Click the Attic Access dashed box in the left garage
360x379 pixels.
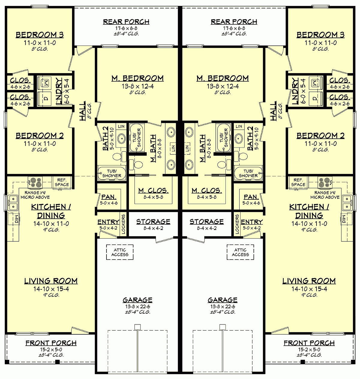[120, 252]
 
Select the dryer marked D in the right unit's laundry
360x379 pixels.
[315, 98]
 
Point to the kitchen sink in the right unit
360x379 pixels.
[346, 202]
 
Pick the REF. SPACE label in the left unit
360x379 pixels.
[62, 182]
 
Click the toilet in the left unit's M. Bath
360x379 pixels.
[138, 165]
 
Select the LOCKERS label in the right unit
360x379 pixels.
[237, 224]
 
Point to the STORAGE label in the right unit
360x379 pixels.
[206, 222]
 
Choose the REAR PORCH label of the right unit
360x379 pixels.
[234, 22]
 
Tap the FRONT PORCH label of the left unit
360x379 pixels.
[51, 343]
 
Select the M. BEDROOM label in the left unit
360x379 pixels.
[138, 79]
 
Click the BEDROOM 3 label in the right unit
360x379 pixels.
[320, 35]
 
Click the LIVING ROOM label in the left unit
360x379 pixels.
[51, 281]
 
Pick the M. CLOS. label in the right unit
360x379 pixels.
[207, 191]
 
